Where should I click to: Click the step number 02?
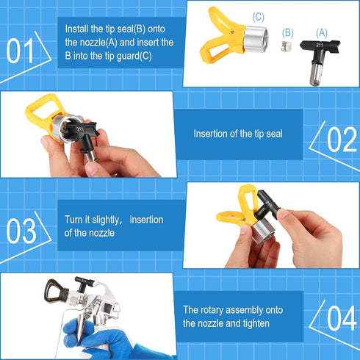[341, 139]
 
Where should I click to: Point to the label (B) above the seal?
[287, 33]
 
